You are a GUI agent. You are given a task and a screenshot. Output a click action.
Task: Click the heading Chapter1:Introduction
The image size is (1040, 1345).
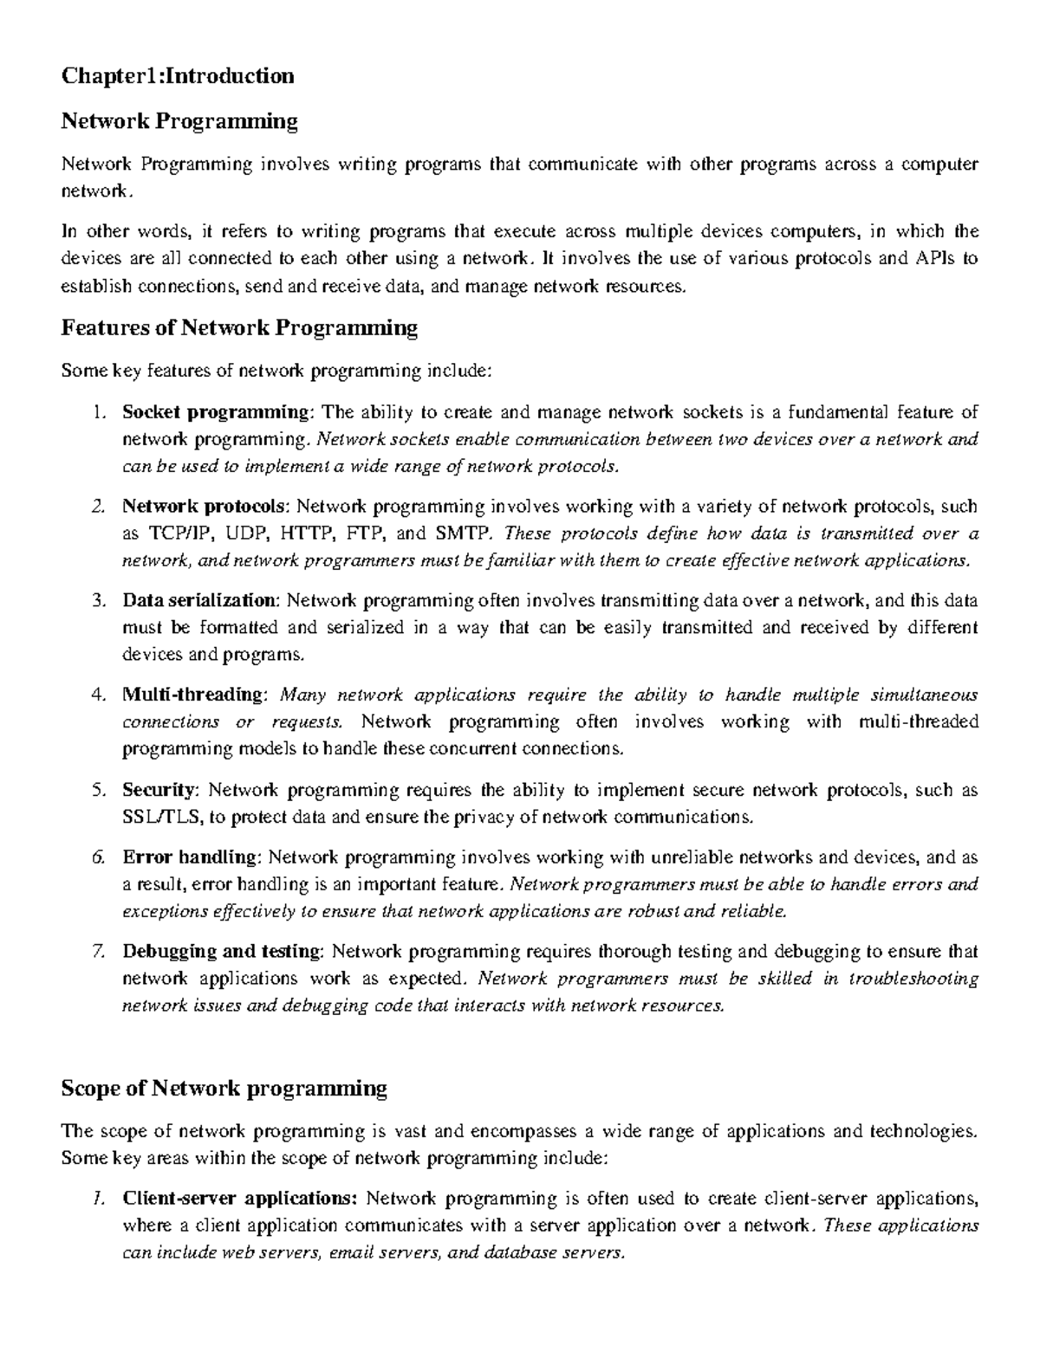click(177, 76)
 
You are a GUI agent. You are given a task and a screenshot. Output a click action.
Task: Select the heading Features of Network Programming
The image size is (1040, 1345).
click(239, 327)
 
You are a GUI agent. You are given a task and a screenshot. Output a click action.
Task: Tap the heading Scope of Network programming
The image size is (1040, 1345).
click(224, 1088)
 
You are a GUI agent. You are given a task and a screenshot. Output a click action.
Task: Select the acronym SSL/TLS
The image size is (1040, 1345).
click(162, 817)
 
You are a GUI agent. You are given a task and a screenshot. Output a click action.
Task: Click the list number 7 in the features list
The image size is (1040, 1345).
click(98, 952)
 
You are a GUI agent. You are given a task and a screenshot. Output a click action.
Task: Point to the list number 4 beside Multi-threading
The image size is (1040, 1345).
click(98, 695)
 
